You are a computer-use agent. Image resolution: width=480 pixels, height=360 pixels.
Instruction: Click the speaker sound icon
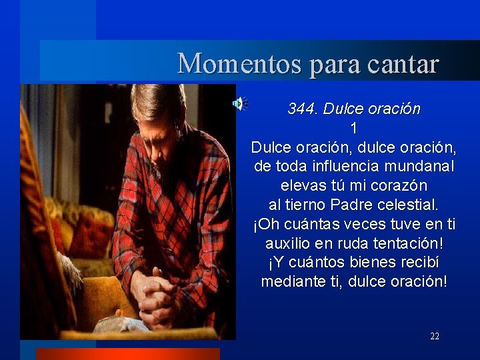tap(239, 103)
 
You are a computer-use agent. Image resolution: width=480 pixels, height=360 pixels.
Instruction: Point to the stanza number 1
tap(354, 127)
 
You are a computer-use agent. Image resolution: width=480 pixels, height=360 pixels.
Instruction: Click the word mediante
tap(290, 281)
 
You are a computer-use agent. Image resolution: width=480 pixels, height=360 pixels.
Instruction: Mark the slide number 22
tap(435, 337)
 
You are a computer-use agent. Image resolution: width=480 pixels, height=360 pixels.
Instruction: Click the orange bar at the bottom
tap(127, 354)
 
